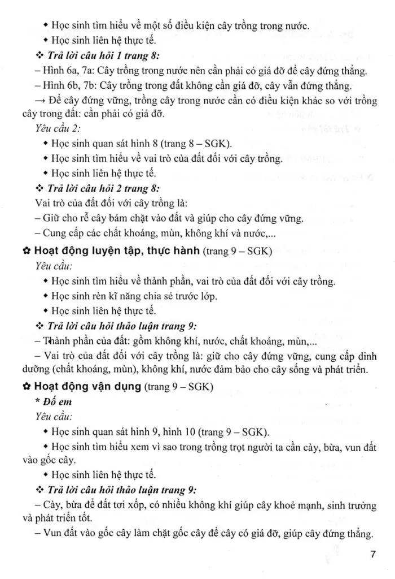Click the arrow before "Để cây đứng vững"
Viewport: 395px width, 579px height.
(x=42, y=100)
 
